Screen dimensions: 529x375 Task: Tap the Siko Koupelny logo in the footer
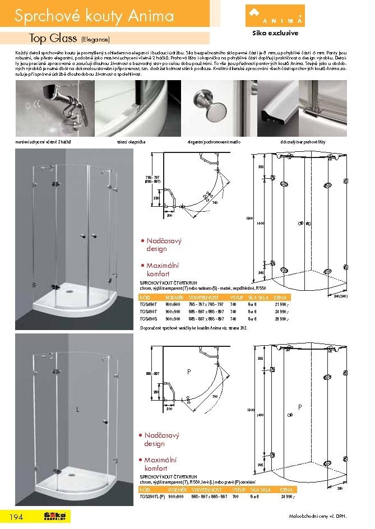[55, 516]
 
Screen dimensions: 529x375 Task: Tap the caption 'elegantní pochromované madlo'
[206, 143]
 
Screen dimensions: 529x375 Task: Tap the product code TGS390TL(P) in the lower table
[152, 497]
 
